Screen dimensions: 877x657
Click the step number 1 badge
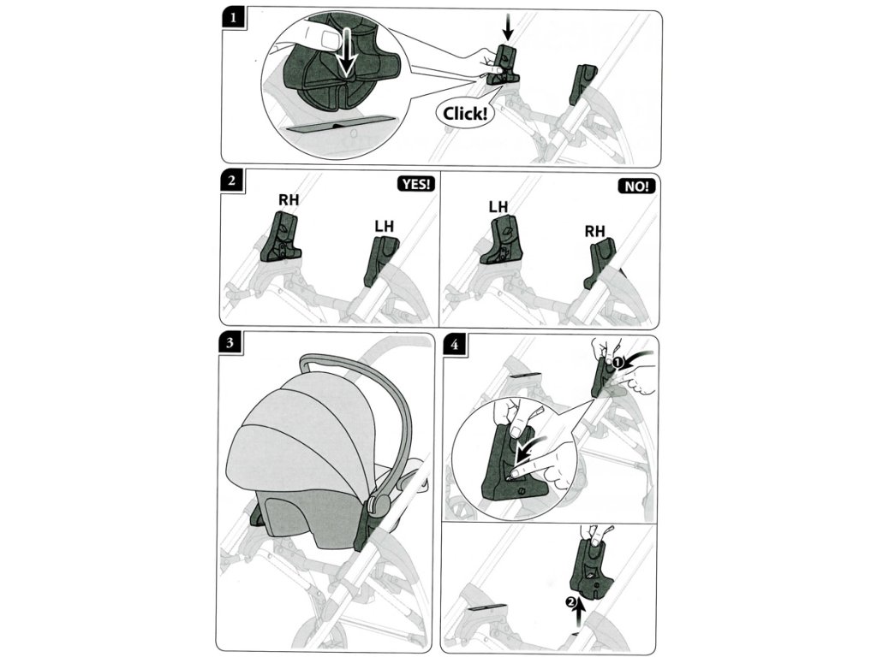click(233, 17)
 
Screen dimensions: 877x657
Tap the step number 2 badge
click(231, 181)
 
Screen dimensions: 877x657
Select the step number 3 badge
click(230, 342)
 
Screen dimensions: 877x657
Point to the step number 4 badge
click(454, 344)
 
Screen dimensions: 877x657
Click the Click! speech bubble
click(465, 114)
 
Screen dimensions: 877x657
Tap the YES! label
click(415, 185)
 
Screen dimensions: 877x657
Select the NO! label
click(636, 186)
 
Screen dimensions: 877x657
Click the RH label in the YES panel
click(289, 199)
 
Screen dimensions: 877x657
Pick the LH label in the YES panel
click(385, 226)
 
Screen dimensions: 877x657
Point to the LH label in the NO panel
click(498, 207)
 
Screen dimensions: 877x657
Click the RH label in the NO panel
click(594, 231)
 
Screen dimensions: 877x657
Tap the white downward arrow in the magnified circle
click(347, 52)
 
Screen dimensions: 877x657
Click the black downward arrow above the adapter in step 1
click(507, 27)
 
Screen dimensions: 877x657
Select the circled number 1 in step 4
click(617, 362)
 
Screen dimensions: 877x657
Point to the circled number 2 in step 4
click(570, 602)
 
